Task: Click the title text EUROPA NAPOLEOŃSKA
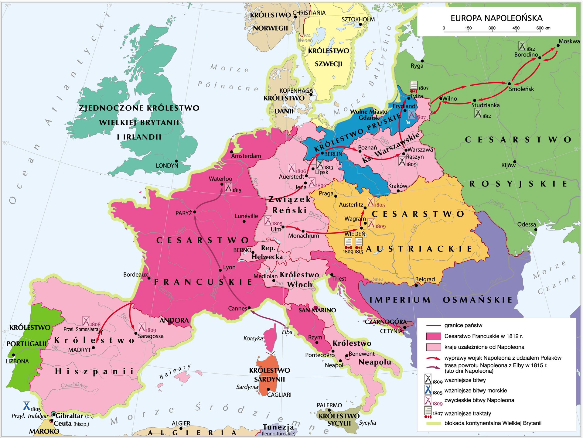point(496,18)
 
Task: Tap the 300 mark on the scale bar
point(492,28)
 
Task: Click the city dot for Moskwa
point(558,46)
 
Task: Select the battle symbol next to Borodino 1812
point(522,46)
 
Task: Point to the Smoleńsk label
point(521,89)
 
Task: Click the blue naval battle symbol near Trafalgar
point(26,406)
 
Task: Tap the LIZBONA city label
point(17,361)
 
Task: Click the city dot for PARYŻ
point(195,212)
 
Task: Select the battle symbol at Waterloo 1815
point(228,187)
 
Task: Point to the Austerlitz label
point(351,205)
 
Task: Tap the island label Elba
point(287,332)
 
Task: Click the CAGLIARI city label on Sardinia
point(279,395)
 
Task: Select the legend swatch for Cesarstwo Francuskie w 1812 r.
point(433,336)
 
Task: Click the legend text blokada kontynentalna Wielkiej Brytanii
point(493,423)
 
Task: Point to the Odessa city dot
point(536,229)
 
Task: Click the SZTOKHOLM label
point(358,19)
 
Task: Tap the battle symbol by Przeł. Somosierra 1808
point(86,321)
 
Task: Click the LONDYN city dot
point(176,161)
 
